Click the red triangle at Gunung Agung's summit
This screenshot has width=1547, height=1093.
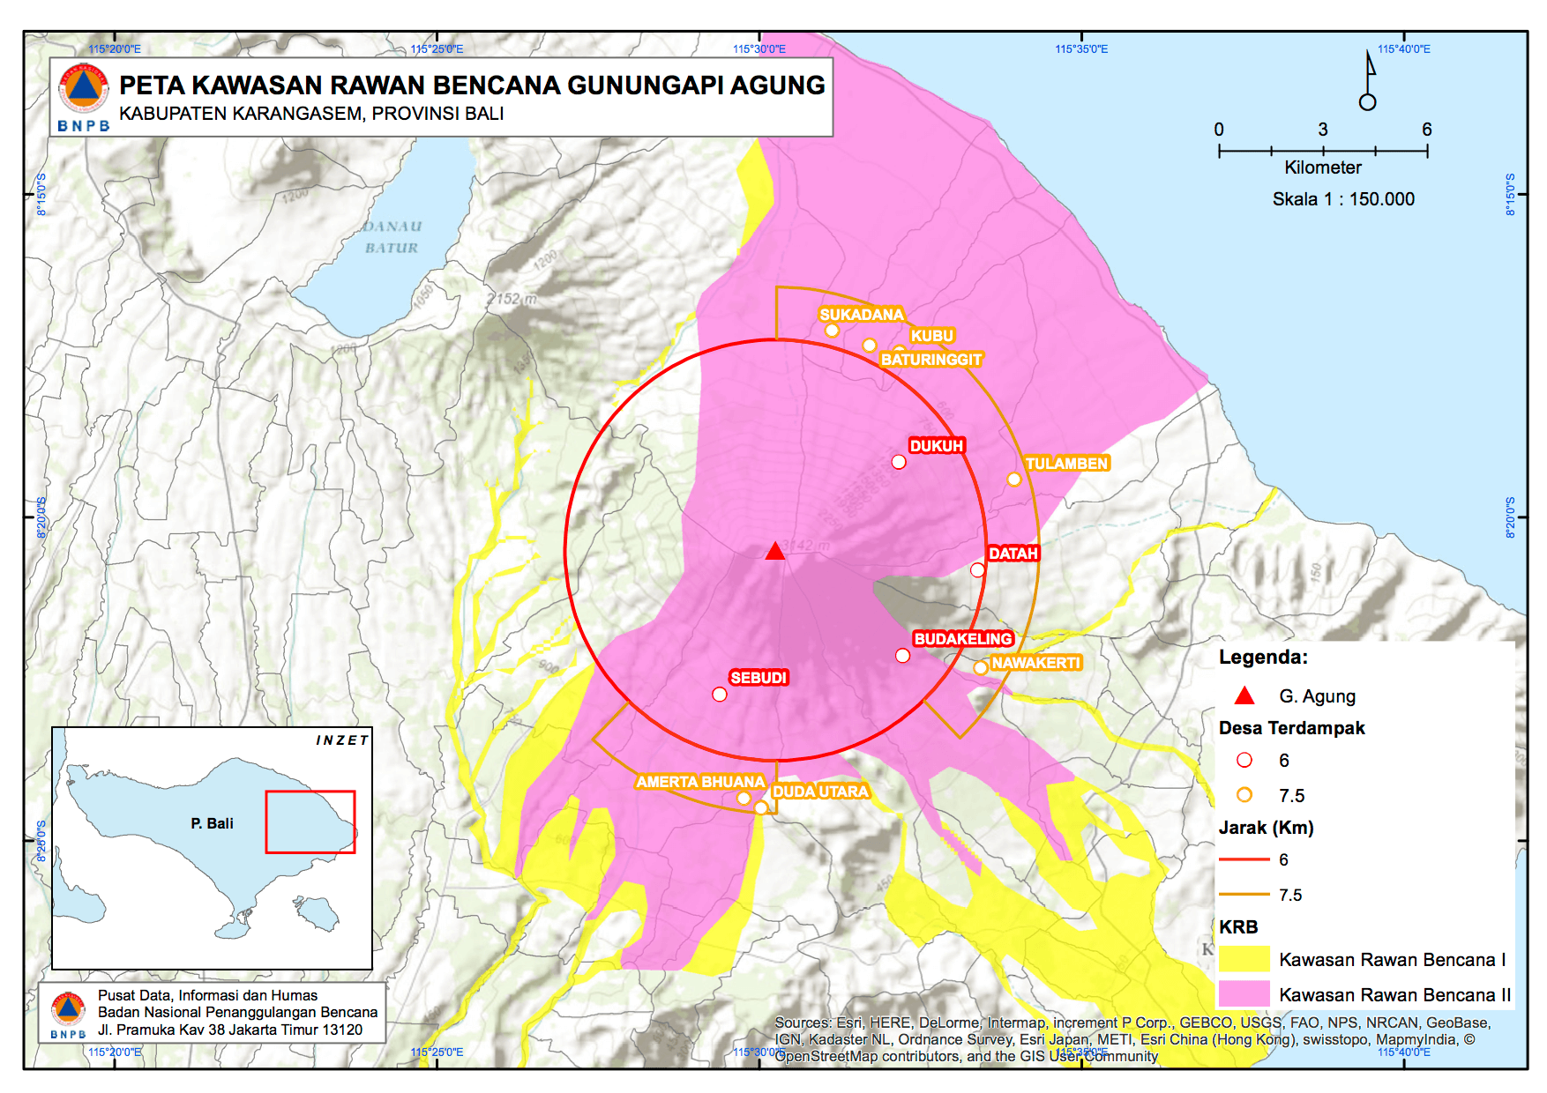pyautogui.click(x=775, y=552)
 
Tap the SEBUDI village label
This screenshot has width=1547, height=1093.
pyautogui.click(x=759, y=677)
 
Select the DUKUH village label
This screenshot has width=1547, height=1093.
pyautogui.click(x=937, y=445)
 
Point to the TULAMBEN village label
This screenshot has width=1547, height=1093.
pyautogui.click(x=1066, y=463)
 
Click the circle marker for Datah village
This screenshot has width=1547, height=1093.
pyautogui.click(x=977, y=570)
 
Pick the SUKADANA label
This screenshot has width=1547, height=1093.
pyautogui.click(x=861, y=315)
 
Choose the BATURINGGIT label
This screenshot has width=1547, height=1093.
pyautogui.click(x=931, y=359)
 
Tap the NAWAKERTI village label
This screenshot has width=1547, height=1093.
pyautogui.click(x=1035, y=662)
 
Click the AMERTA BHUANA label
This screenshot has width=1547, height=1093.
pyautogui.click(x=700, y=781)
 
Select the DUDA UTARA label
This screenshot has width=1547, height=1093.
pyautogui.click(x=820, y=791)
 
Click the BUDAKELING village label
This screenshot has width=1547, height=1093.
pyautogui.click(x=963, y=638)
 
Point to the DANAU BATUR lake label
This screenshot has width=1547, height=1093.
pyautogui.click(x=392, y=237)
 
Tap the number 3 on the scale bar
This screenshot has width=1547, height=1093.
pyautogui.click(x=1323, y=130)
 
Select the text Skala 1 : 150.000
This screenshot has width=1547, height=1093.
pyautogui.click(x=1342, y=199)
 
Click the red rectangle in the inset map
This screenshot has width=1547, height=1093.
pyautogui.click(x=310, y=822)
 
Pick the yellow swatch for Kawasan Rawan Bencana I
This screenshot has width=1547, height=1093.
pyautogui.click(x=1244, y=959)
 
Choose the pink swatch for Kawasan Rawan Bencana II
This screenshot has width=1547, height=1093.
pyautogui.click(x=1244, y=994)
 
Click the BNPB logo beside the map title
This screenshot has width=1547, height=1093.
pyautogui.click(x=84, y=97)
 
